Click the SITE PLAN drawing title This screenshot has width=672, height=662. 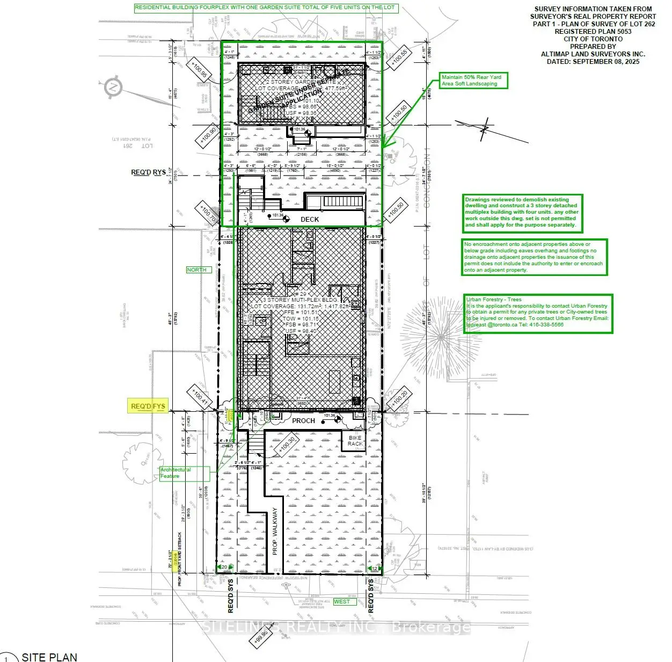[x=49, y=657]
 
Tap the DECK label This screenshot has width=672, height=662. [x=310, y=219]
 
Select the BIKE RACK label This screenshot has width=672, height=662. [x=355, y=441]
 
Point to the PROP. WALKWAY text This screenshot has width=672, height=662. [x=275, y=531]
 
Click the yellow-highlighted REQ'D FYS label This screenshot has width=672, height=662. [x=148, y=406]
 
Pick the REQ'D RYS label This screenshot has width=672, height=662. [x=148, y=172]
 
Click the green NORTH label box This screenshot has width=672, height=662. [x=196, y=270]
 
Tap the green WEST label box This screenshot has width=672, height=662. [x=342, y=601]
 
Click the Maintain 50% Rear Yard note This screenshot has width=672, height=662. [x=473, y=81]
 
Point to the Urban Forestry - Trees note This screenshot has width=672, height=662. [x=538, y=312]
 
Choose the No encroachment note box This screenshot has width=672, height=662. [x=535, y=257]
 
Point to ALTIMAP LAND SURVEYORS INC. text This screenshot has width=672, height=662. [x=593, y=54]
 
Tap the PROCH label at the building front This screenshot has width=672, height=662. [x=303, y=420]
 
